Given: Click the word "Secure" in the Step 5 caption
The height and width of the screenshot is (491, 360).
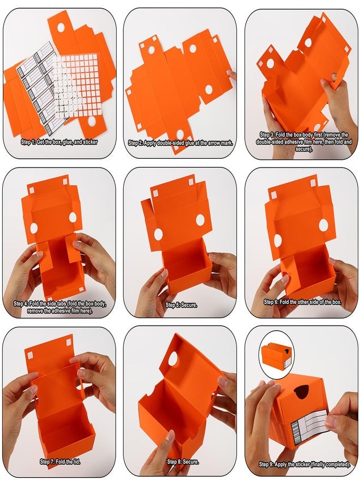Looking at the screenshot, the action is (x=188, y=304).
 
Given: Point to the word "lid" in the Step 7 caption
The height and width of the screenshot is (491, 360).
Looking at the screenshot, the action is (x=75, y=462).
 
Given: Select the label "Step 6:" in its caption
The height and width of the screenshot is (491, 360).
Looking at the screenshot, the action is (x=271, y=302).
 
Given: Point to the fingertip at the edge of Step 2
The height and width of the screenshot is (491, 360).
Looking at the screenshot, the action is (x=232, y=75).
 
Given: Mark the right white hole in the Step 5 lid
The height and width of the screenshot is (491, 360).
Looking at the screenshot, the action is (x=201, y=220).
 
